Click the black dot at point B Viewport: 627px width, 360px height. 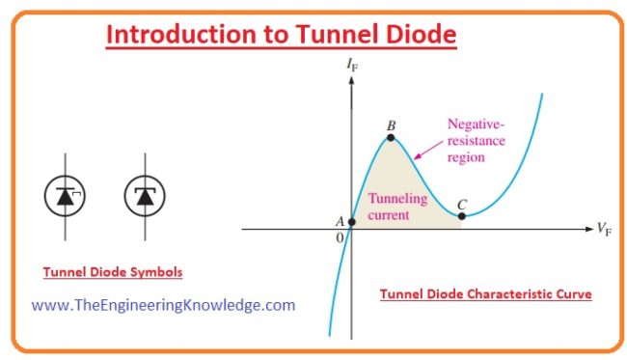(391, 138)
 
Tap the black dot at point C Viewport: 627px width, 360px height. (462, 215)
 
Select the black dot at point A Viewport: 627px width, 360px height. (351, 221)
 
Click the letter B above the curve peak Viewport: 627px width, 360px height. (391, 125)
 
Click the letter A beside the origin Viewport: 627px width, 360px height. (340, 221)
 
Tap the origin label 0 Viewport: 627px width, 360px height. (340, 237)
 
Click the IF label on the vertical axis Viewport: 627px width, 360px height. (351, 64)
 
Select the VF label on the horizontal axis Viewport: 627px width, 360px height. (605, 230)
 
